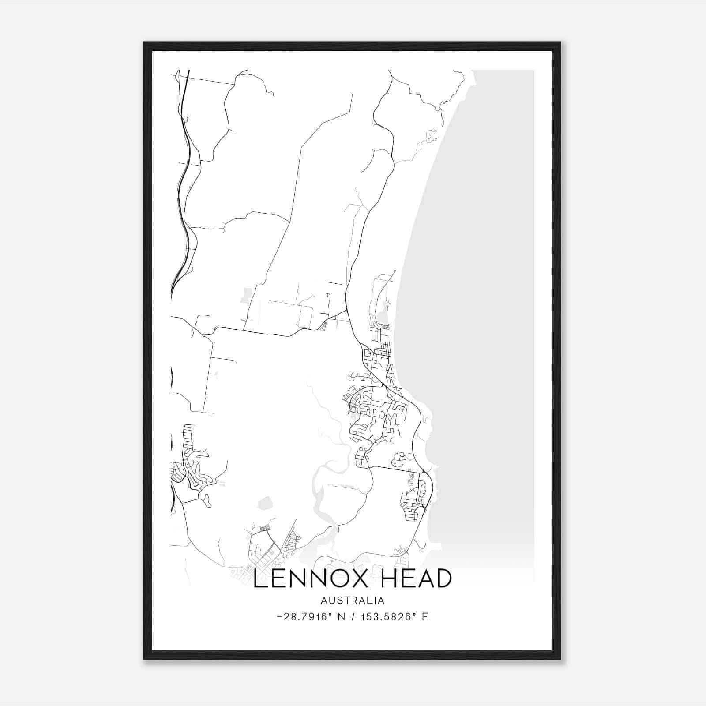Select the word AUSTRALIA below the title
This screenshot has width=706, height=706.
tap(353, 601)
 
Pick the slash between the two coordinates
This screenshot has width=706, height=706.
tap(353, 617)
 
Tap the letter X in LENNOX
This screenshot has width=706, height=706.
tap(357, 578)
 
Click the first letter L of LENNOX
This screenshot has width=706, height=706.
tap(260, 578)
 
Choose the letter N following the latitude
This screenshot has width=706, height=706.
tap(341, 617)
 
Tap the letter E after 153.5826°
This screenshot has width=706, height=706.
tap(425, 617)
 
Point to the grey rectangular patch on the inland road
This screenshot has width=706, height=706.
tap(245, 295)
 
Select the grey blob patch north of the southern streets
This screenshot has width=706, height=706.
tap(265, 503)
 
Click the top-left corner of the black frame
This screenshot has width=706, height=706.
tap(144, 43)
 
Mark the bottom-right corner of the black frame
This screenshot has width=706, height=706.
tap(560, 659)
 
